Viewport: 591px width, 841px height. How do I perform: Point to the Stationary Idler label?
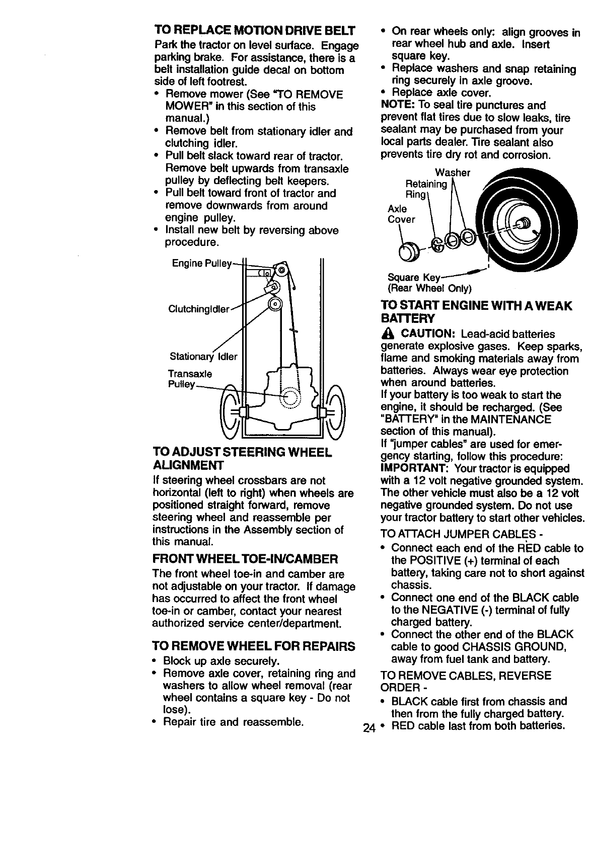(x=203, y=357)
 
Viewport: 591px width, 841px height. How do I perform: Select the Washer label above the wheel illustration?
(x=453, y=173)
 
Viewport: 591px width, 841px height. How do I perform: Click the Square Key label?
(x=414, y=278)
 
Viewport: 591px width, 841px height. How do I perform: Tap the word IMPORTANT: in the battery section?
(x=411, y=468)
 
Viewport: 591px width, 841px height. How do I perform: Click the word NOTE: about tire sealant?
(x=396, y=105)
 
